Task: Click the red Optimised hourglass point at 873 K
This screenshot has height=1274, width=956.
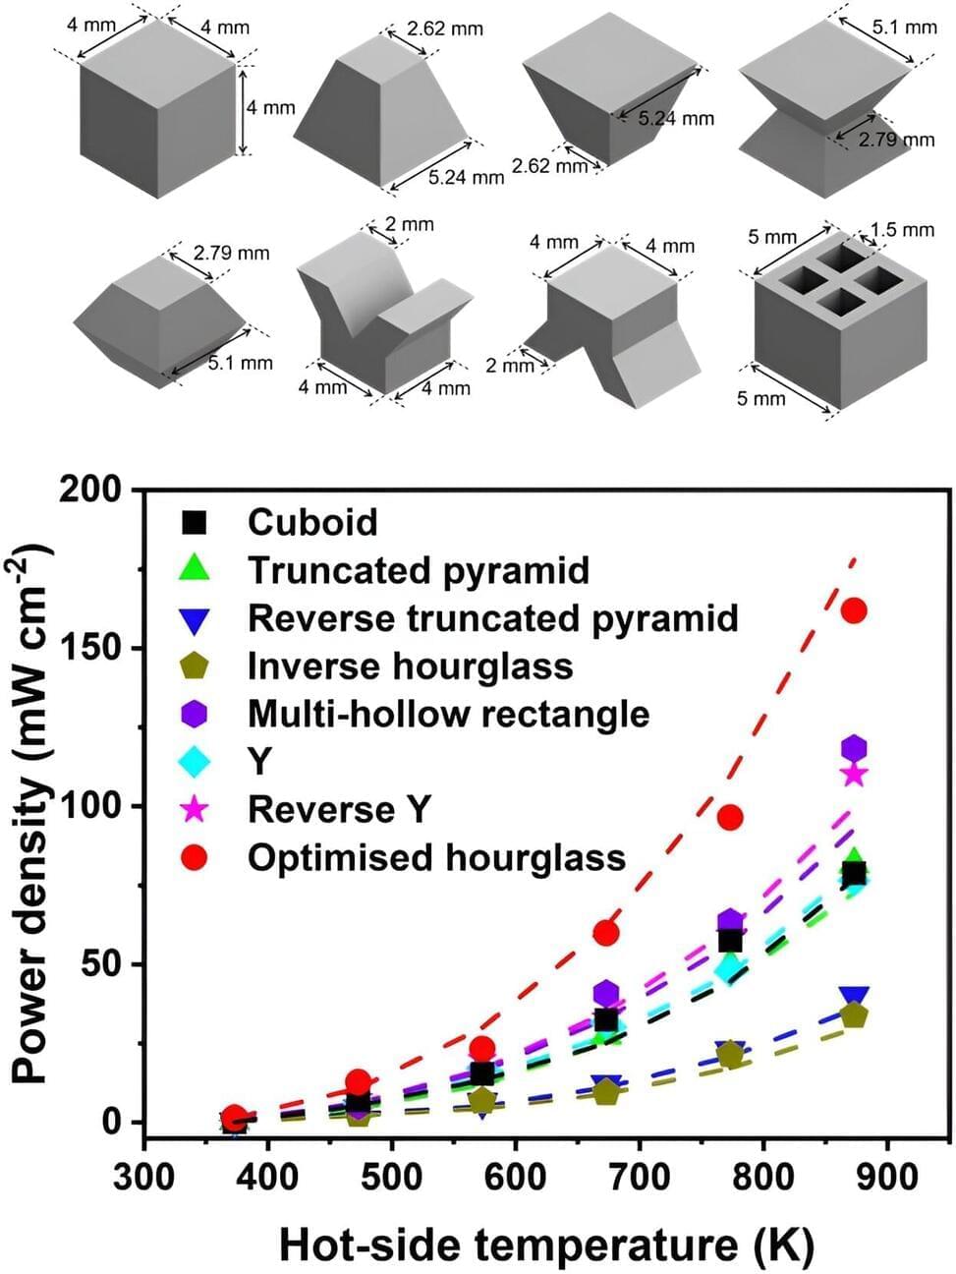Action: pos(854,610)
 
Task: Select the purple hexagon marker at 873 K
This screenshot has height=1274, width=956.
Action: pos(854,748)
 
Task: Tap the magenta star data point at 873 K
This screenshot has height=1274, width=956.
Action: pos(854,774)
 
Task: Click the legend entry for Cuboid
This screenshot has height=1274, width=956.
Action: pos(311,521)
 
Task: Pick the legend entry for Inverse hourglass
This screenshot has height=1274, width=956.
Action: pos(410,666)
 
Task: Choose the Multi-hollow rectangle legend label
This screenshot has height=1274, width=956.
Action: pos(448,713)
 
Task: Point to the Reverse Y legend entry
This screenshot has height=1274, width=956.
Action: pos(339,809)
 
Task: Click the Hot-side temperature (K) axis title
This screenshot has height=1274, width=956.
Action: pos(546,1245)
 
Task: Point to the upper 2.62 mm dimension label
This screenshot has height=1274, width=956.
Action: pos(445,29)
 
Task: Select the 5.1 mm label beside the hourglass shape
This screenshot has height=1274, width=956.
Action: pos(905,27)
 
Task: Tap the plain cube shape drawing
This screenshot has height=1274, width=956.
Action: pos(157,108)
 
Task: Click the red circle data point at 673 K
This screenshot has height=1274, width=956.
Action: pos(606,932)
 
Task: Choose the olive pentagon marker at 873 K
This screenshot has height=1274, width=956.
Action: pos(854,1015)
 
